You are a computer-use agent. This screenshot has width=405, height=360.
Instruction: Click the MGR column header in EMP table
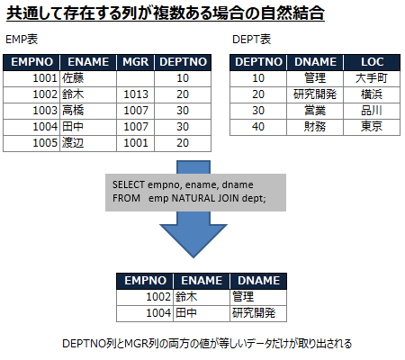pos(136,62)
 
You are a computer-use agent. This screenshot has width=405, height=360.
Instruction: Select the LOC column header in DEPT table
pos(372,62)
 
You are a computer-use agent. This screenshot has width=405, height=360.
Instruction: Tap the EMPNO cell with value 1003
pos(45,111)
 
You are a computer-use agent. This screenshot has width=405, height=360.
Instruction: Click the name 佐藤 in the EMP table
pos(73,78)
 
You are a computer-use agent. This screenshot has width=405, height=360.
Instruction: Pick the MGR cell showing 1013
pos(136,94)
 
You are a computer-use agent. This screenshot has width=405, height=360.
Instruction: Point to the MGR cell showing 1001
pos(136,143)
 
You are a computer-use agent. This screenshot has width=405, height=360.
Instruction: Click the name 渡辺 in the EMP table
pos(73,143)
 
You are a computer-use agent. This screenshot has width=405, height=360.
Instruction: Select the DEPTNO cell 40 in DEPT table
pos(258,127)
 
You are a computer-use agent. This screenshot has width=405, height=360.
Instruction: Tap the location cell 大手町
pos(372,78)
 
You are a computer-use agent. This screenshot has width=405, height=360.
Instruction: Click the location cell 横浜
pos(372,94)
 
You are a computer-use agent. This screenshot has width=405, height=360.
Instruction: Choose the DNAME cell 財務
pos(315,127)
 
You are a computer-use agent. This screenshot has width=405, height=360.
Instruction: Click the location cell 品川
pos(372,111)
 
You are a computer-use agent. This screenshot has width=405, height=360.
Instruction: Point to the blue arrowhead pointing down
pos(193,240)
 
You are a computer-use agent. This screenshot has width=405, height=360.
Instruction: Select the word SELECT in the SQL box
pos(129,184)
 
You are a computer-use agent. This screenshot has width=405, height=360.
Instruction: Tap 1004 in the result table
pos(158,313)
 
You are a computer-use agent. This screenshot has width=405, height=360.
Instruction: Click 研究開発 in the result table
pos(254,313)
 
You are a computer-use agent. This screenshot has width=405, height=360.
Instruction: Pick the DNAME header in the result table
pos(258,281)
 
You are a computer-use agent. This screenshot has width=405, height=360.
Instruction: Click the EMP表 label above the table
pos(22,40)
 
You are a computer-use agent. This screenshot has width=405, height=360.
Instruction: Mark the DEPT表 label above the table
pos(251,40)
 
